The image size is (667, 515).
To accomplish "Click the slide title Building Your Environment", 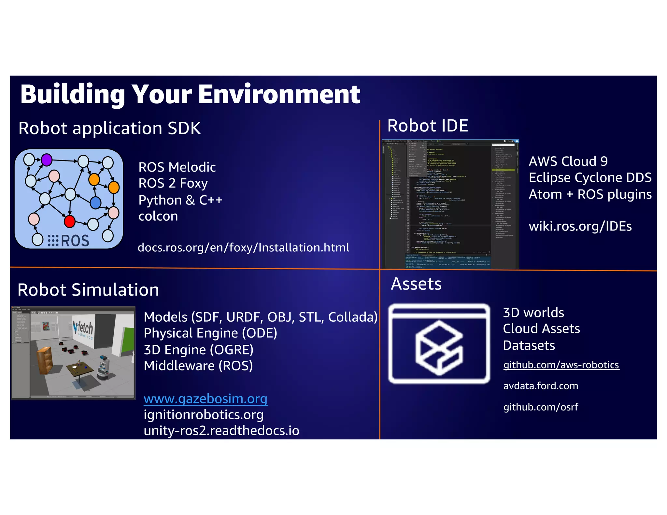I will pos(190,94).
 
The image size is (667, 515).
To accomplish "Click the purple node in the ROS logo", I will pos(47,160).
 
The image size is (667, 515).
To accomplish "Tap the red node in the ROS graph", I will pos(69,221).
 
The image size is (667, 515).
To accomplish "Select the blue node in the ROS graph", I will pos(95,202).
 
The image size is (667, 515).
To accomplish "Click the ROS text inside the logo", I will pos(75,241).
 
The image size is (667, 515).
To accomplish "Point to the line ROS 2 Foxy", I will pos(173,183).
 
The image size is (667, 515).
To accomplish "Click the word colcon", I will pos(158,216).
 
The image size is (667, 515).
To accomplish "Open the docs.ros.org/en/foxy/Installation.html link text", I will pos(243,247).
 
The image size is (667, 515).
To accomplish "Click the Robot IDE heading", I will pos(427,126).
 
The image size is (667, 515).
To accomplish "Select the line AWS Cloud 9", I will pos(568,161).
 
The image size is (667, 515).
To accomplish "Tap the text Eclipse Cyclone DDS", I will pos(590,178).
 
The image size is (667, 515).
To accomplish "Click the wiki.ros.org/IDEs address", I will pos(580,226).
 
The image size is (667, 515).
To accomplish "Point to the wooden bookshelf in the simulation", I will pos(44,360).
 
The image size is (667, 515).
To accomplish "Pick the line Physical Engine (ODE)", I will pos(210,333).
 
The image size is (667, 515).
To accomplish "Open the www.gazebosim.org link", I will pos(206,399).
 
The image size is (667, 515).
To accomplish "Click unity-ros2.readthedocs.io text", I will pos(221,431).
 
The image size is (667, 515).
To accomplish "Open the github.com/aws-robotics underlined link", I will pos(561,365).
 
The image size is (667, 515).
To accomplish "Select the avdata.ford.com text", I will pos(541,386).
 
